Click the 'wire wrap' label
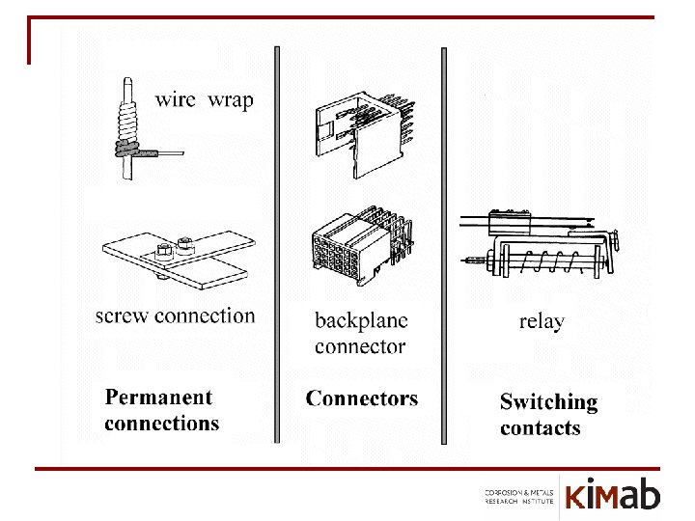coord(205,99)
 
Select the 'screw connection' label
coord(175,315)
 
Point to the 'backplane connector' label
coord(361,332)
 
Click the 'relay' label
coord(541,321)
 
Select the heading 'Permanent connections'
coord(161,410)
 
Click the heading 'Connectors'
coord(362,398)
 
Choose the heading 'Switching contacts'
coord(548,415)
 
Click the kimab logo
coord(613,495)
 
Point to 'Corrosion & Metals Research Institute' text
coord(519,497)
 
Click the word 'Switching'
coord(548,402)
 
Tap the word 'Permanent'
coord(158,397)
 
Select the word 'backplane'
coord(361,320)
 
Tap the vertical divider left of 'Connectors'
coord(278,241)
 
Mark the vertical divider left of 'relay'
coord(443,241)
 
